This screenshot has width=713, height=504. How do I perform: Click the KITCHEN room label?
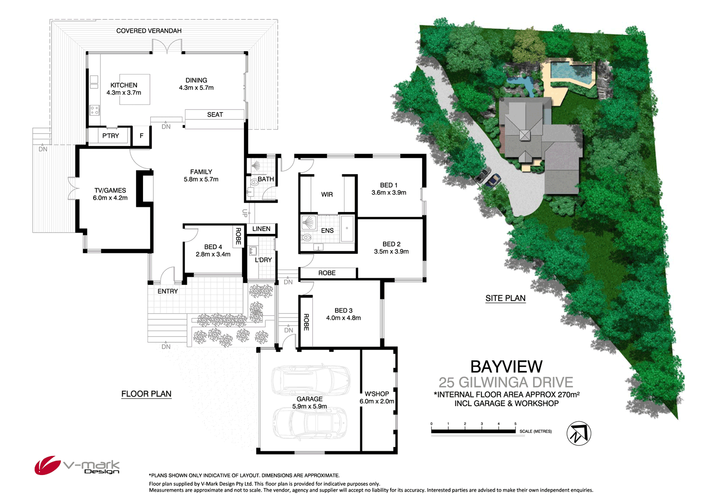(x=124, y=86)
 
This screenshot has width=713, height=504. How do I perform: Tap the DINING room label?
(x=196, y=80)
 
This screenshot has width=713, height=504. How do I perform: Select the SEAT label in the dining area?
(x=215, y=115)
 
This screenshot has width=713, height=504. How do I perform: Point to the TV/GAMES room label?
(x=110, y=190)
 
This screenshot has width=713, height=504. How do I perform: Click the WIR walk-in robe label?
(x=327, y=194)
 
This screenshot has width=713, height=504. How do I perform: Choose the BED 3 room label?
(x=343, y=310)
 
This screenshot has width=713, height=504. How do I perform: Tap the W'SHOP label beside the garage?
(x=377, y=394)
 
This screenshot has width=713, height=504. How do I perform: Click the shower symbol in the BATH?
(x=256, y=165)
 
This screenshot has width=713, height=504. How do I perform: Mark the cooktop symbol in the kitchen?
(x=95, y=110)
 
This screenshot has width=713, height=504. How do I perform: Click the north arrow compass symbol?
(x=579, y=433)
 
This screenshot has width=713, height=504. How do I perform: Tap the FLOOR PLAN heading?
(x=146, y=394)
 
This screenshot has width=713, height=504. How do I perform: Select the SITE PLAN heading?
(x=505, y=298)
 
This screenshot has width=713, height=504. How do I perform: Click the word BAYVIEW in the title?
(x=506, y=367)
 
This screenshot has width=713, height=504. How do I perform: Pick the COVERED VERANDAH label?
(x=149, y=31)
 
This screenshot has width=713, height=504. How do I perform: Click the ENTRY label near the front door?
(x=168, y=291)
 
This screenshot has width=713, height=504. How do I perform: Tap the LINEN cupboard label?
(x=261, y=229)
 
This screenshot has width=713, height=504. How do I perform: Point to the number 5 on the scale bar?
(x=515, y=424)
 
